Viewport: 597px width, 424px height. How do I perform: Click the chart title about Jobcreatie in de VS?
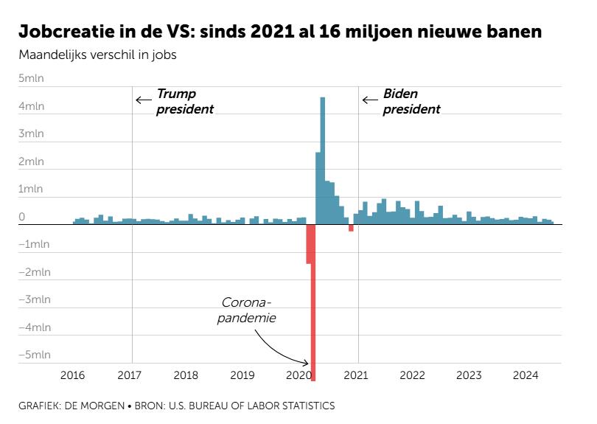tap(280, 32)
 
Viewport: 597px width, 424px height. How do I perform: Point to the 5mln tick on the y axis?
tap(32, 78)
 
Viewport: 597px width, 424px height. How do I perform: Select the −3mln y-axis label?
tap(34, 299)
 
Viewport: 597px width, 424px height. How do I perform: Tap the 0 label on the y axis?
tap(22, 217)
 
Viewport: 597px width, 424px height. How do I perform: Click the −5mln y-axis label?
tap(34, 355)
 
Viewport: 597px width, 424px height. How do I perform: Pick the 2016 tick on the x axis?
tap(72, 375)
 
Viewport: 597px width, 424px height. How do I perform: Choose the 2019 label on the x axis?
tap(242, 375)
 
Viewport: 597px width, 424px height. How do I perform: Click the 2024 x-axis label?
tap(526, 375)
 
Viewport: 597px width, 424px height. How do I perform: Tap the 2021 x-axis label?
tap(356, 375)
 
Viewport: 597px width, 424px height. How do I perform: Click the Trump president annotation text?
tap(184, 102)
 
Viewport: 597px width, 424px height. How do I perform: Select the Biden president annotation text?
tap(411, 102)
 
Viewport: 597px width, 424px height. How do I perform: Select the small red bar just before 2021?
tap(351, 228)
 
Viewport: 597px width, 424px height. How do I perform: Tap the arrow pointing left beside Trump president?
tap(143, 100)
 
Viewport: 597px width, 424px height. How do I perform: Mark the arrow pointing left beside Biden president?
tap(369, 100)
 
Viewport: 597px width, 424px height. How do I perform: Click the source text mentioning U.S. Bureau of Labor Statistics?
tap(177, 406)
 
